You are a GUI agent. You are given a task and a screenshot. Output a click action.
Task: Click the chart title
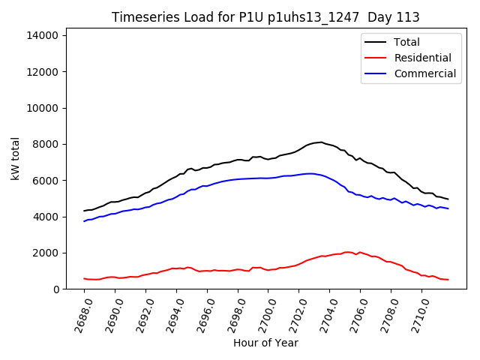[x=265, y=17]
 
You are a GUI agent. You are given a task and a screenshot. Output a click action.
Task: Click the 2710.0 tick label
[x=417, y=315]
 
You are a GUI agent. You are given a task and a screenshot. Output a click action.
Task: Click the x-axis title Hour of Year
[x=265, y=343]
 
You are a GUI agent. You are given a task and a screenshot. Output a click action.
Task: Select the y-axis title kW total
[x=15, y=158]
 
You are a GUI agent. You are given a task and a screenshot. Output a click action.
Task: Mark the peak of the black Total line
[x=321, y=142]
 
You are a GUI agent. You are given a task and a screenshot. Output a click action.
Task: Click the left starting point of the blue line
[x=84, y=220]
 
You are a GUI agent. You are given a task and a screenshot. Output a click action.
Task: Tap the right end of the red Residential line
[x=448, y=280]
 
